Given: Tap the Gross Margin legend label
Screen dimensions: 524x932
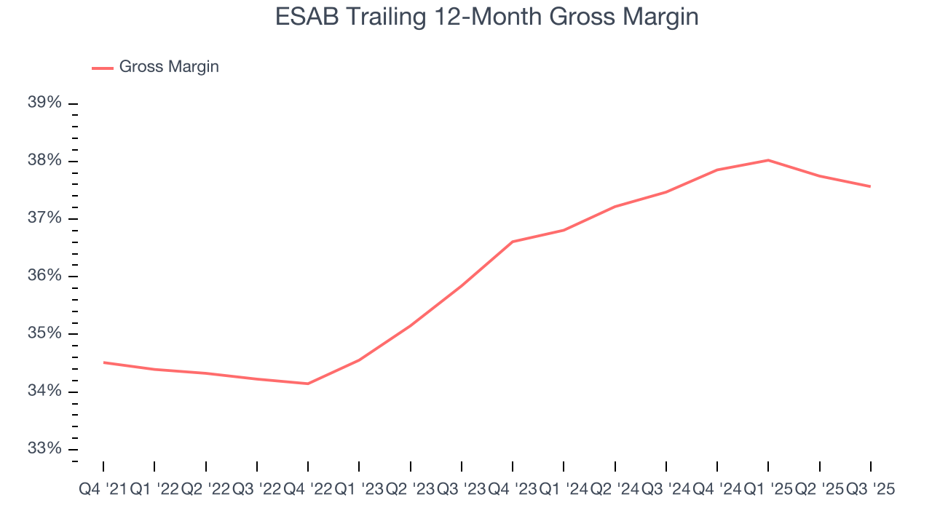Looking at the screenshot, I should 169,67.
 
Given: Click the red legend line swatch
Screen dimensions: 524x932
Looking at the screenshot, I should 102,68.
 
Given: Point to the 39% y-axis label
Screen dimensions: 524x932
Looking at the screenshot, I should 44,103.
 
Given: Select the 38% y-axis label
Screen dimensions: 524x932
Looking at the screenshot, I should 44,161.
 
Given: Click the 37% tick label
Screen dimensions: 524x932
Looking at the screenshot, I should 44,218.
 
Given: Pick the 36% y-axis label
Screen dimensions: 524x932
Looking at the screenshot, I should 44,276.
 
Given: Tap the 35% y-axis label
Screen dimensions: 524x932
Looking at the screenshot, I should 44,333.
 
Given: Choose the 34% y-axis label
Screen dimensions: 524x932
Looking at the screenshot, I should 44,392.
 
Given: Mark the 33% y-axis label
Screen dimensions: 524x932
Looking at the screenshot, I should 44,448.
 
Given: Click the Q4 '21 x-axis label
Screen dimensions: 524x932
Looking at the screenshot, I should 103,490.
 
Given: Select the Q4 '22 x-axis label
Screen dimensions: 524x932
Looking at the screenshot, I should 307,490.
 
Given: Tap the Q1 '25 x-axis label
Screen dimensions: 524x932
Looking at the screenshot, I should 768,490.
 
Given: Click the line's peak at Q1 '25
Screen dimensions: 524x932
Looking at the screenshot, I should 768,160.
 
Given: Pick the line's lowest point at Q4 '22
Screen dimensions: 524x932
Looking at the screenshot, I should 308,384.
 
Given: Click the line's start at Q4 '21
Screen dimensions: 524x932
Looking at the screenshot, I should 103,362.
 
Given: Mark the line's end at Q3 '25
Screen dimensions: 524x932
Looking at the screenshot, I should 870,186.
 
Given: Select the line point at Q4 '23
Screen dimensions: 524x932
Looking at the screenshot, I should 513,242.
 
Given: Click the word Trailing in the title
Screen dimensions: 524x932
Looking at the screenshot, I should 387,16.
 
